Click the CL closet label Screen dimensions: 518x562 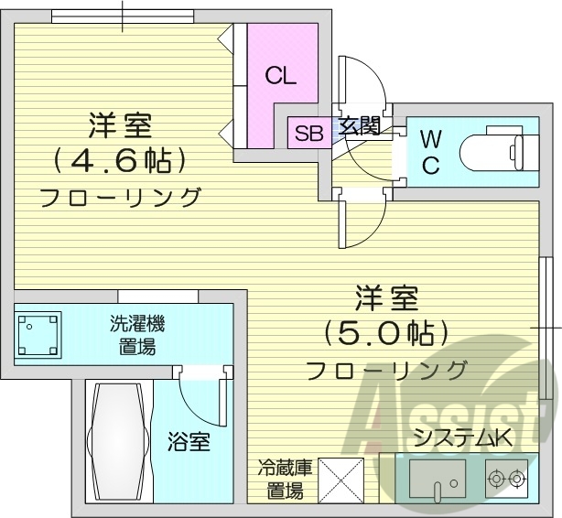pyautogui.click(x=282, y=77)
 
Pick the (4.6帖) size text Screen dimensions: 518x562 pyautogui.click(x=120, y=161)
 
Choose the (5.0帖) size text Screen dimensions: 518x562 pyautogui.click(x=387, y=332)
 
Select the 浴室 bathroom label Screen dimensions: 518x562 pyautogui.click(x=189, y=444)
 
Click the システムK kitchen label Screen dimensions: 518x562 pyautogui.click(x=463, y=438)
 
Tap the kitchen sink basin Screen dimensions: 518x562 pyautogui.click(x=438, y=477)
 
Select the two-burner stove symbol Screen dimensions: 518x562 pyautogui.click(x=506, y=477)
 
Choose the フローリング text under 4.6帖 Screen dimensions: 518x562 pyautogui.click(x=120, y=196)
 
